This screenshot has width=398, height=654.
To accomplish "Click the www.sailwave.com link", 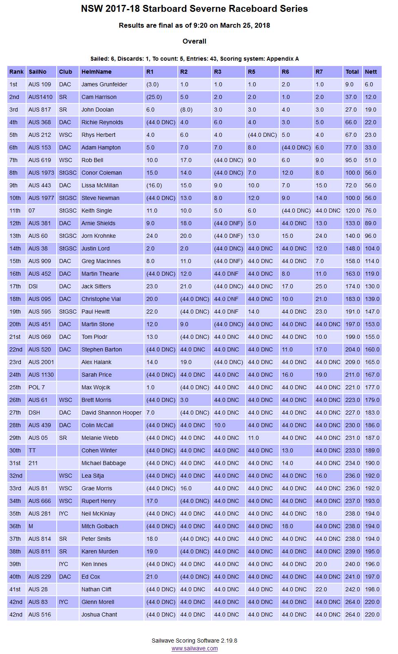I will point(195,648).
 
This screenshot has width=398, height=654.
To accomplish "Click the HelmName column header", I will point(96,72).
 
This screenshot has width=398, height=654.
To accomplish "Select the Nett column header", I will point(371,72).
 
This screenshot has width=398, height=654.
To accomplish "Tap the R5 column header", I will point(252,72).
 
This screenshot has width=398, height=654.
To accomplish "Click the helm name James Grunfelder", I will point(104,84).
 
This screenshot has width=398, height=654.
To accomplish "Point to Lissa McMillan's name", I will point(100,185).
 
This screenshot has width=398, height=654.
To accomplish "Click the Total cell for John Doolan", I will point(352,110).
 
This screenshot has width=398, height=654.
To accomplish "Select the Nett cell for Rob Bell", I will point(371,160).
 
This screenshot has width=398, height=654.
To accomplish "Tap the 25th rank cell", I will point(15,387).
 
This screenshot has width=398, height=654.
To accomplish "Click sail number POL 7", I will point(37,387).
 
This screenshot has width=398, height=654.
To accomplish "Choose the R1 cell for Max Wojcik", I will point(150,387).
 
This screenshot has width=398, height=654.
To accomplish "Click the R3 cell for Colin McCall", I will point(220,425).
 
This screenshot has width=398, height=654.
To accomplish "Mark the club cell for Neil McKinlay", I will point(64,514).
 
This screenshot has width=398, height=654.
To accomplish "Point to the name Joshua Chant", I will point(99,614).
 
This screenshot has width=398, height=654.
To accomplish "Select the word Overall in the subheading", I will point(195,41).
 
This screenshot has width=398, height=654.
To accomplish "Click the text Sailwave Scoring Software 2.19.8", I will point(195,641).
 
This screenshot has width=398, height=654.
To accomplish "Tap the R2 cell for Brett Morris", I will point(184,400).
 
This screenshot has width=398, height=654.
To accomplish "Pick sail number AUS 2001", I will point(41,362).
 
